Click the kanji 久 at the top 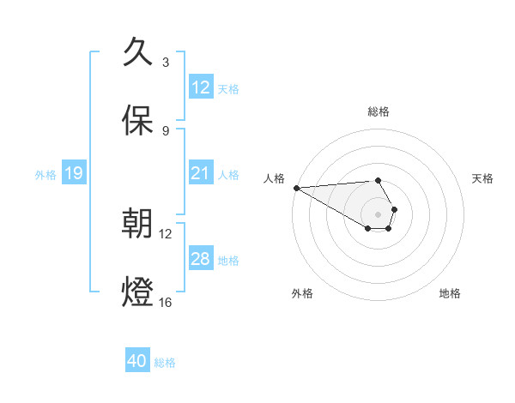(x=138, y=52)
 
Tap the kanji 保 (x=138, y=121)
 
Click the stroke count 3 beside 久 (x=166, y=63)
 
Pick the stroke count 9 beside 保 (x=166, y=131)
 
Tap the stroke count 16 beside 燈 (x=166, y=303)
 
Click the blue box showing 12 (x=201, y=87)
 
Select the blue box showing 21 (x=201, y=173)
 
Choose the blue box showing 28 (x=201, y=259)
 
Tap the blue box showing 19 (x=74, y=173)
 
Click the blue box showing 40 (x=137, y=361)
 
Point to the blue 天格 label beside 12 (x=228, y=88)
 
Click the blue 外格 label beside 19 (x=45, y=174)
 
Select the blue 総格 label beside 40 (x=165, y=362)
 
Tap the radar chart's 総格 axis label (x=379, y=111)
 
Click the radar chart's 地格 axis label (x=450, y=293)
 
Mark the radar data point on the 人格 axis (x=295, y=188)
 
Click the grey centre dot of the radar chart (x=378, y=214)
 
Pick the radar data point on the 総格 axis (x=378, y=180)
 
